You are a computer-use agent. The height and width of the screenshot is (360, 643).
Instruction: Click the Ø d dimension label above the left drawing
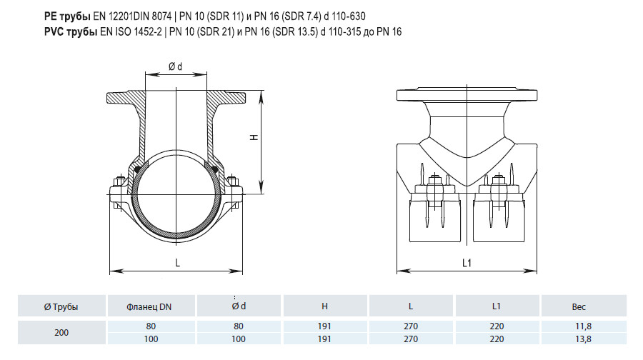[x=176, y=66]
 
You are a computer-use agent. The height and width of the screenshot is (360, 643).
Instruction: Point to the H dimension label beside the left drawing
[x=254, y=137]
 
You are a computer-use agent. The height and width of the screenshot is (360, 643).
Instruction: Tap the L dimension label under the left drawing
[x=178, y=263]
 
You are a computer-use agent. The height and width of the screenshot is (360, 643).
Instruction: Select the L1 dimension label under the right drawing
[x=467, y=263]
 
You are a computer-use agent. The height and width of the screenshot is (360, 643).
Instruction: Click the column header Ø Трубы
[x=61, y=306]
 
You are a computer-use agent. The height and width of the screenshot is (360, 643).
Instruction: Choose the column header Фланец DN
[x=149, y=306]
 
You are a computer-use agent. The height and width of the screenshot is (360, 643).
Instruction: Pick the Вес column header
[x=579, y=306]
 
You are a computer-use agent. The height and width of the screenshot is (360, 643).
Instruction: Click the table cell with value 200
[x=61, y=333]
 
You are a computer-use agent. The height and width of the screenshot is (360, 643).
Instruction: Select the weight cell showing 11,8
[x=584, y=326]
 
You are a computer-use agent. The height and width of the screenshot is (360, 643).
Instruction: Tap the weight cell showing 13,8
[x=584, y=339]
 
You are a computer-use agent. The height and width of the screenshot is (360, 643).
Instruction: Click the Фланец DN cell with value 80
[x=151, y=326]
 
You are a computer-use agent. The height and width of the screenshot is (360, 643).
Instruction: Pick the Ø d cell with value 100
[x=238, y=339]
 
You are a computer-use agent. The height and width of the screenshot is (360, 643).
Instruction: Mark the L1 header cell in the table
[x=497, y=306]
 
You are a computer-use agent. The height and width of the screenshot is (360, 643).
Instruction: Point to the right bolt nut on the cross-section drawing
[x=232, y=181]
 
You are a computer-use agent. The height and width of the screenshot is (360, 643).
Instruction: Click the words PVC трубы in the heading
[x=71, y=31]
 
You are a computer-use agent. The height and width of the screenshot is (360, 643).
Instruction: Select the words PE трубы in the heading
[x=67, y=16]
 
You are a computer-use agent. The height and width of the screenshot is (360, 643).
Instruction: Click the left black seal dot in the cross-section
[x=138, y=168]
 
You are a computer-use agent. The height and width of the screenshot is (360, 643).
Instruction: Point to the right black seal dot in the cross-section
[x=214, y=168]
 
